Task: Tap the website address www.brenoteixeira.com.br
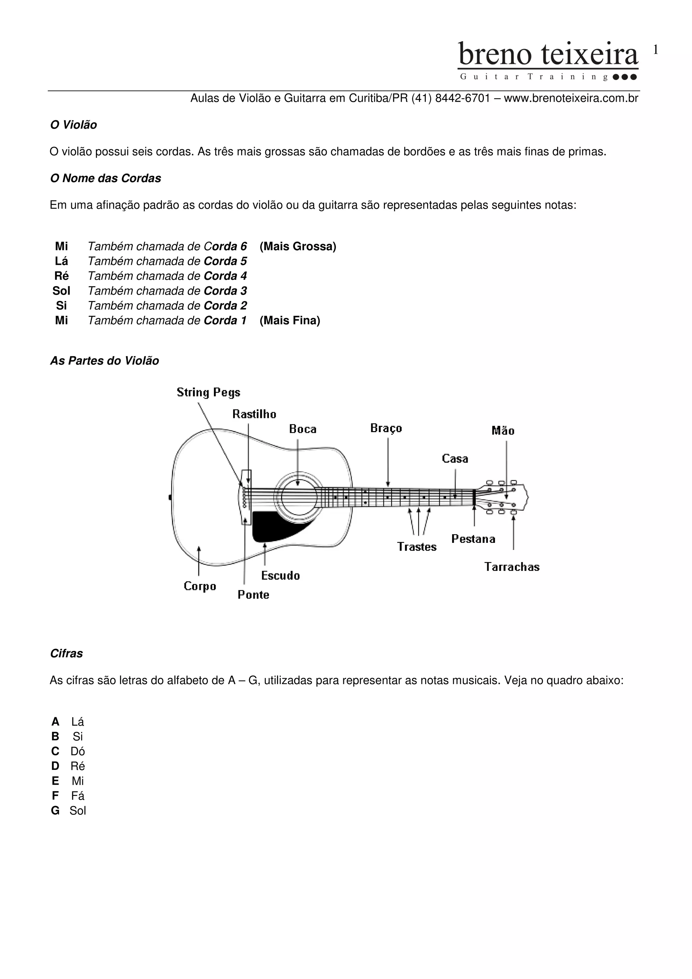[571, 99]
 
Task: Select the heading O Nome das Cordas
[105, 178]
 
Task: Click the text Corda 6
[226, 247]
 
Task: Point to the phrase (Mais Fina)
[290, 321]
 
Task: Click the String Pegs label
[208, 392]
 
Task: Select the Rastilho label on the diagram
[254, 414]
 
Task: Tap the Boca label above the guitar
[303, 429]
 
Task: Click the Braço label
[386, 428]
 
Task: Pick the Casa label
[455, 459]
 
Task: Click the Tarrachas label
[512, 567]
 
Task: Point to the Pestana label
[473, 539]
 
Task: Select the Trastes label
[417, 547]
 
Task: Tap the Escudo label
[280, 576]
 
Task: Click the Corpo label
[200, 586]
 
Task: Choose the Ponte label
[253, 595]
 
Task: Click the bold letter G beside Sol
[55, 810]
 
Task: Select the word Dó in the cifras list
[78, 751]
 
